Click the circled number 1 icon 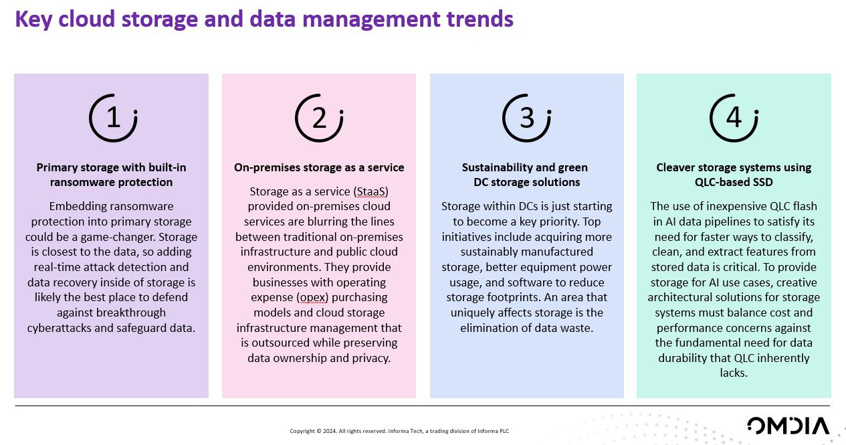[x=113, y=118]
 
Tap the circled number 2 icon [x=319, y=118]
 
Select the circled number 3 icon [x=526, y=118]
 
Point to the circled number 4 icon [x=734, y=118]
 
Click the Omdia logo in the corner [x=788, y=426]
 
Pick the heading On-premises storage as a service [x=319, y=167]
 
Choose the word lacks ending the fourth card [x=734, y=373]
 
